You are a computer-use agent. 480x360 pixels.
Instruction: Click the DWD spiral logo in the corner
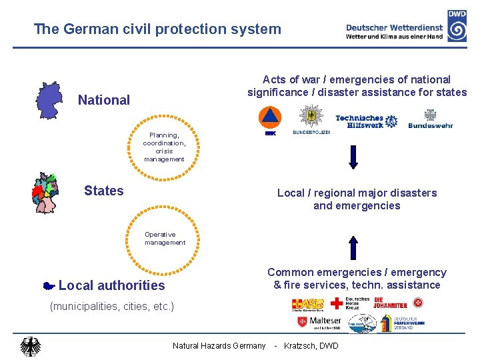[457, 27]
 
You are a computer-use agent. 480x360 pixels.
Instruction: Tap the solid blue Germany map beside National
[49, 100]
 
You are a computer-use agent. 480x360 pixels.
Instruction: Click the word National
[103, 100]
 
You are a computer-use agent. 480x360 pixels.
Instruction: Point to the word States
[104, 191]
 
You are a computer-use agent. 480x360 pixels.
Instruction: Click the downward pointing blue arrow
[353, 156]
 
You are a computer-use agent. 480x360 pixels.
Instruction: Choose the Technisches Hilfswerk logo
[366, 121]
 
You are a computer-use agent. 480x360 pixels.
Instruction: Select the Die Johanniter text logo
[390, 303]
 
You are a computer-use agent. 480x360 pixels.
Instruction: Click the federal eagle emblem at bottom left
[30, 346]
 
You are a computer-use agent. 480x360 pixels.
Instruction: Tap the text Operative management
[165, 238]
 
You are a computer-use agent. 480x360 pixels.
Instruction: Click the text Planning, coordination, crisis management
[164, 147]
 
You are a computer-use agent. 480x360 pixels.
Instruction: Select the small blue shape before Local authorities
[47, 286]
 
